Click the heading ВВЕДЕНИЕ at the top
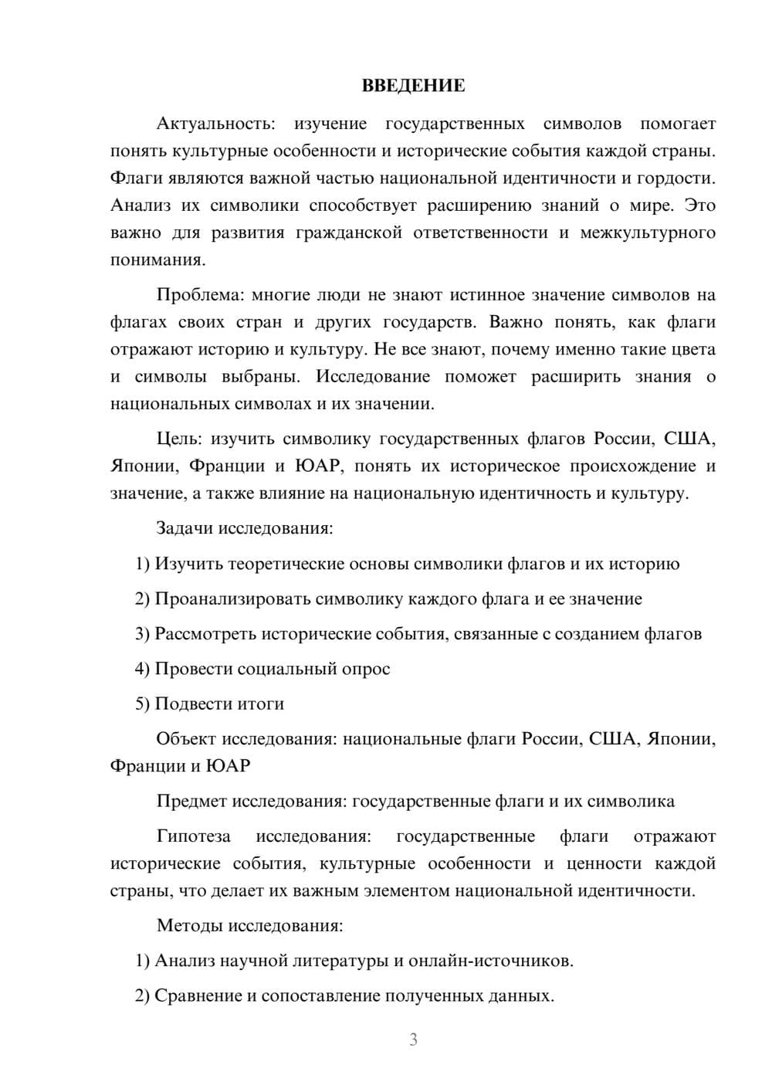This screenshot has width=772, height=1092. [x=413, y=86]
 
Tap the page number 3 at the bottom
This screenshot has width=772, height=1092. [x=413, y=1039]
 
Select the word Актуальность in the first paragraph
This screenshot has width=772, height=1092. [x=215, y=124]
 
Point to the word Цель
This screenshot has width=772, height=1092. [x=179, y=439]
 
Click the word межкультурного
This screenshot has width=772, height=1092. [x=652, y=232]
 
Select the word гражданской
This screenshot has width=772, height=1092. [x=349, y=232]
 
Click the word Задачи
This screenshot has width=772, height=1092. [x=185, y=528]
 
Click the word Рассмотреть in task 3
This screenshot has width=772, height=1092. [x=205, y=634]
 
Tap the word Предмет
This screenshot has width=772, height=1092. [x=191, y=801]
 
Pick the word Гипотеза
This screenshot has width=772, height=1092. [x=193, y=836]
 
